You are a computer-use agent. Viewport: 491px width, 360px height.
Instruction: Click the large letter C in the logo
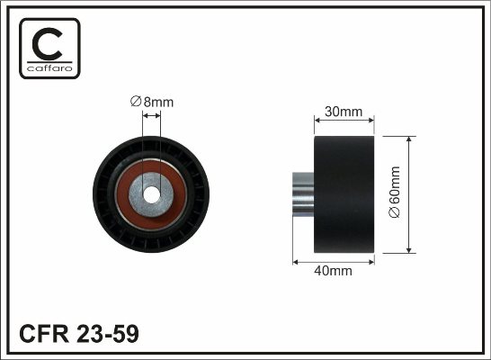[47, 44]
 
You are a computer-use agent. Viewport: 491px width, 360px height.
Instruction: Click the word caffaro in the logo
[49, 68]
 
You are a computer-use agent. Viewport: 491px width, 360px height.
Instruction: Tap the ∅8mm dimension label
[152, 102]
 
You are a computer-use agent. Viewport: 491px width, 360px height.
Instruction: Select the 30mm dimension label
[344, 112]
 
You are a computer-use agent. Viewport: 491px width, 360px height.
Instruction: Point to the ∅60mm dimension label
[394, 192]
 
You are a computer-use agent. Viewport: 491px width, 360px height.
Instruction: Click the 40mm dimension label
[333, 271]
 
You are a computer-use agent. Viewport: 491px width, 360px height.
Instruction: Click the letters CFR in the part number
[44, 334]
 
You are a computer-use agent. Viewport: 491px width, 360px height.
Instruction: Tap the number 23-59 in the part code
[108, 334]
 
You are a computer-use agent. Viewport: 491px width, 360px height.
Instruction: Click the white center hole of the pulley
[151, 195]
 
